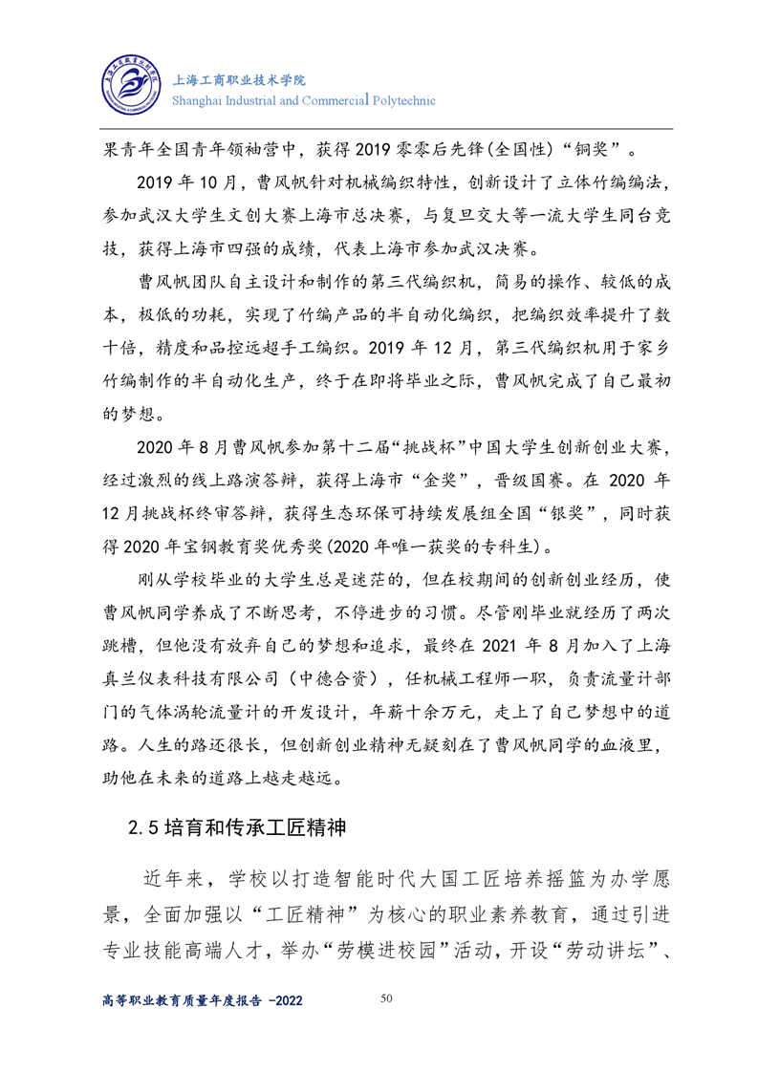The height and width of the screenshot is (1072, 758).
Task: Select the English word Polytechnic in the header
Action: tap(402, 100)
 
